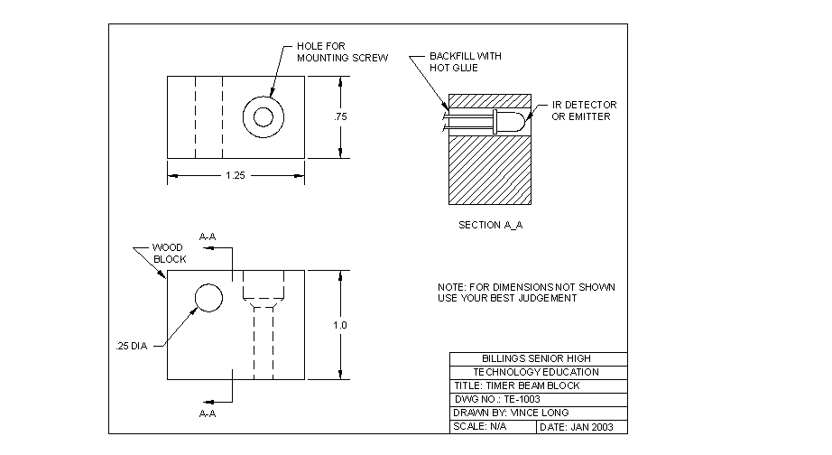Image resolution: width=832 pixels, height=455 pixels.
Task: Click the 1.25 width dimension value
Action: tap(235, 175)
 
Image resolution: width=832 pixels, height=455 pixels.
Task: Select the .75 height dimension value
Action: tap(340, 117)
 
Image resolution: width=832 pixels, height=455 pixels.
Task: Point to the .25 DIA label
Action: tap(132, 346)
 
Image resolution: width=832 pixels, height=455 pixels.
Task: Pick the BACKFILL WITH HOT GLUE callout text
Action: tap(465, 61)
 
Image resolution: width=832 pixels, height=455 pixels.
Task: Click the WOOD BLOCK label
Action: tap(168, 253)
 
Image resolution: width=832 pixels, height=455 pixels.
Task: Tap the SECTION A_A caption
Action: tap(490, 225)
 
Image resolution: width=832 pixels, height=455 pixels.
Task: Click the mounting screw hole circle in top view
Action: tap(263, 116)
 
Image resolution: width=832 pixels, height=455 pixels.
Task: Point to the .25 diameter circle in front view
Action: tap(208, 297)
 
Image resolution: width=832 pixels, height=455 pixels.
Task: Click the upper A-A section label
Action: tap(207, 237)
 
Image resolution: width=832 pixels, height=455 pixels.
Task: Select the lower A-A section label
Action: tap(207, 413)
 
